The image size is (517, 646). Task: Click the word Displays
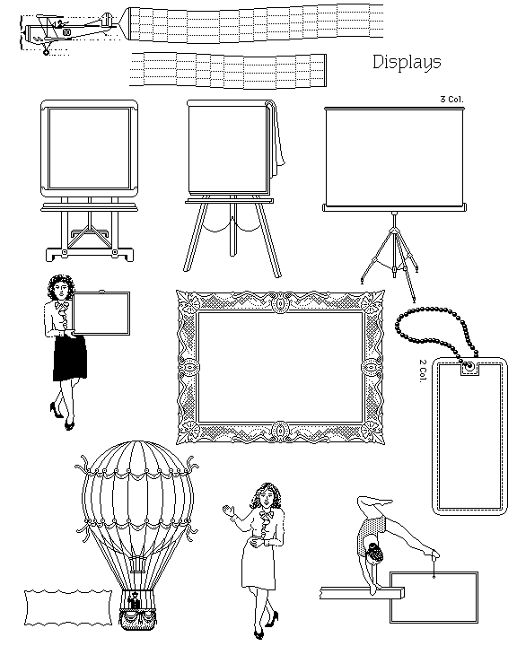(407, 63)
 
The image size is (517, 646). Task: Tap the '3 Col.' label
(451, 100)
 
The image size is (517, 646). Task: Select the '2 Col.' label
(423, 371)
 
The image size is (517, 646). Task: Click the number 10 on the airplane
(66, 32)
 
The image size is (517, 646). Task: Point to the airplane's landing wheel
(46, 52)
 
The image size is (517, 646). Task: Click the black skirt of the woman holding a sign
(70, 358)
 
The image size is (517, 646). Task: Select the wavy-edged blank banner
(68, 607)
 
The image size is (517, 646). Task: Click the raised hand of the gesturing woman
(228, 511)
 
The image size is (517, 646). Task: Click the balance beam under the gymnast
(362, 593)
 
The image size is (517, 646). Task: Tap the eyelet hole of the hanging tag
(469, 365)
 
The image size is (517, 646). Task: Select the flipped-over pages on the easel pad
(277, 136)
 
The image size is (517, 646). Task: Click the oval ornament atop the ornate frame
(280, 303)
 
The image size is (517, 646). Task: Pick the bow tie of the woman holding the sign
(62, 307)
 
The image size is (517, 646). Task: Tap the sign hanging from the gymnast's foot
(434, 597)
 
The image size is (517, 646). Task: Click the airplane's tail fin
(107, 20)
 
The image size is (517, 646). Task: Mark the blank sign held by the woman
(101, 313)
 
